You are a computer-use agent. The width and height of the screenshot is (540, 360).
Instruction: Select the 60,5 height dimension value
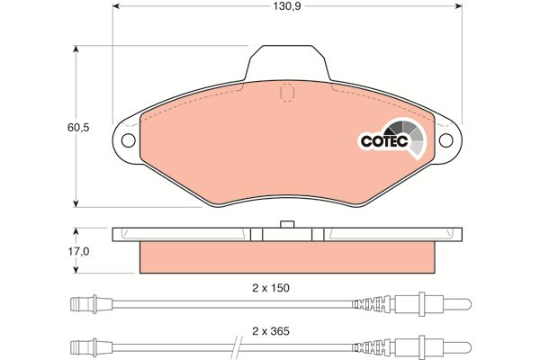78,128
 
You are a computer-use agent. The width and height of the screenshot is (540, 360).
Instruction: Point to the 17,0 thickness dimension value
78,252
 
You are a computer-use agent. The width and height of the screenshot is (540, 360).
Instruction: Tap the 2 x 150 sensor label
271,288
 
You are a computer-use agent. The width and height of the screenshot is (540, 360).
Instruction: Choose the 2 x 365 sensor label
271,331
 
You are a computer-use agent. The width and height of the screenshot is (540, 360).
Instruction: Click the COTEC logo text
384,141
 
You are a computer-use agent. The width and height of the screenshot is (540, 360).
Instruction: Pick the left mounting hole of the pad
128,140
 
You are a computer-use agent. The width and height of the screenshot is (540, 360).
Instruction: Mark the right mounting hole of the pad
446,140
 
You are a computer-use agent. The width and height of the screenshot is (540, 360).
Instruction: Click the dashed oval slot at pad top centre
287,93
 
